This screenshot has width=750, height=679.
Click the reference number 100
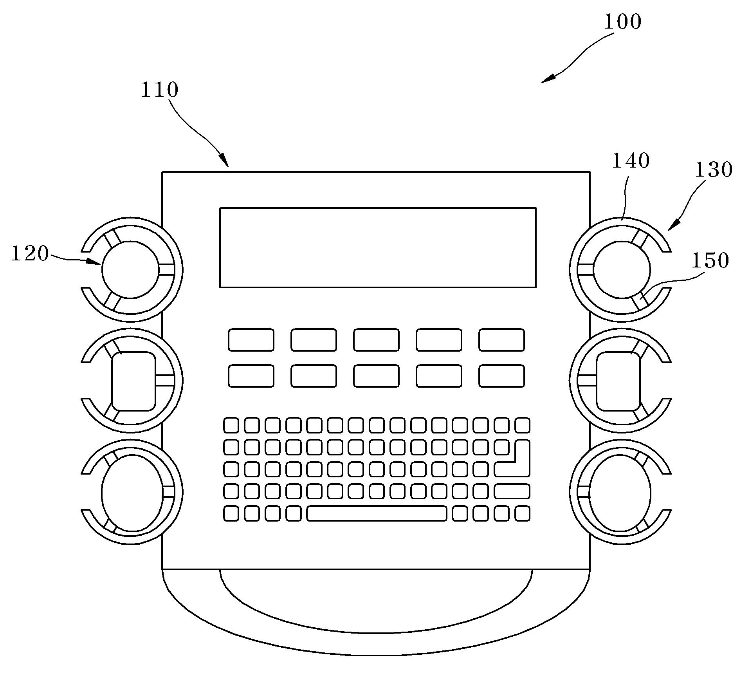tap(622, 22)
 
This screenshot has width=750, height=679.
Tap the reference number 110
tap(159, 90)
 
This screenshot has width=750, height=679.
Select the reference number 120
tap(30, 253)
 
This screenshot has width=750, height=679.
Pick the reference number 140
tap(631, 161)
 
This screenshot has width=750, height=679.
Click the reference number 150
tap(710, 260)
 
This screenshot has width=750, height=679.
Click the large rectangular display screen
tap(378, 247)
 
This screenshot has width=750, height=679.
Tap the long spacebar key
tap(377, 513)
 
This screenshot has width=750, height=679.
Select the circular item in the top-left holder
tap(130, 270)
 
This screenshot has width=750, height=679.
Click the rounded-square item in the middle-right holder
tap(618, 381)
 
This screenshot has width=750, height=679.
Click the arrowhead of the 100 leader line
tap(546, 80)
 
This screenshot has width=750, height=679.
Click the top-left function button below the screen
tap(251, 339)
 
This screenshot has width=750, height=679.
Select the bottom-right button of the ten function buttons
tap(501, 376)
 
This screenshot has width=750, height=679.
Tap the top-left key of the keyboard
tap(231, 425)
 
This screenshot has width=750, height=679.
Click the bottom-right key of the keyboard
tap(522, 513)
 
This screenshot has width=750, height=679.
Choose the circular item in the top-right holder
tap(622, 270)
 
